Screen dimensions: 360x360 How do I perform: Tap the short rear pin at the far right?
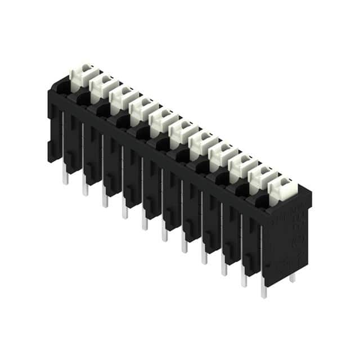(x=292, y=277)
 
